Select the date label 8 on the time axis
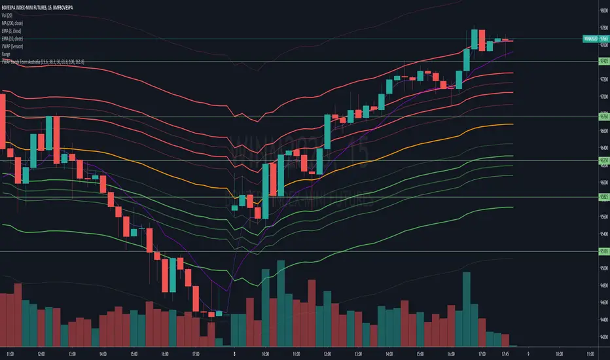click(x=235, y=351)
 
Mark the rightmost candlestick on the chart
click(x=510, y=41)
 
